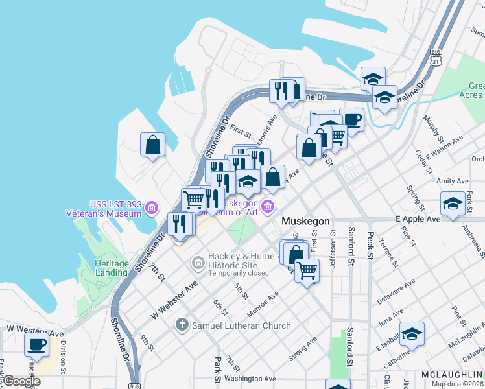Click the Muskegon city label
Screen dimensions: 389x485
point(305,221)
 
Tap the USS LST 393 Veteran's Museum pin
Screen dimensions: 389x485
point(152,208)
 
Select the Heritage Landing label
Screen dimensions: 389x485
point(111,268)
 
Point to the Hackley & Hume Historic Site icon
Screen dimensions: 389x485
point(198,263)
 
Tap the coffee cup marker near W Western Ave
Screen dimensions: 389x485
point(36,344)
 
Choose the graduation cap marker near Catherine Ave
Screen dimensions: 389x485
point(412,333)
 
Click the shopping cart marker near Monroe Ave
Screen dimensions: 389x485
point(307,270)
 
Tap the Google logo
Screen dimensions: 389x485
point(21,381)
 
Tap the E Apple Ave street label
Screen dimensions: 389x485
point(418,219)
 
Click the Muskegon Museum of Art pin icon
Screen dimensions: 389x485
point(268,206)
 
